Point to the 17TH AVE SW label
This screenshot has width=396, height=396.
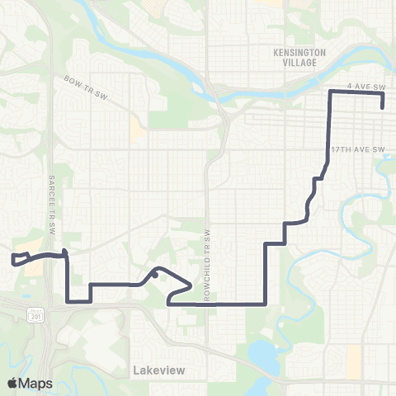tap(358, 149)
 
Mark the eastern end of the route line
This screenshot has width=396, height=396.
tap(383, 106)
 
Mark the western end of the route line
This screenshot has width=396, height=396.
tap(13, 262)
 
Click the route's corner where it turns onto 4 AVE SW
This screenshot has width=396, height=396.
tap(331, 93)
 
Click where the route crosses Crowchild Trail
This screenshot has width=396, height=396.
tap(209, 303)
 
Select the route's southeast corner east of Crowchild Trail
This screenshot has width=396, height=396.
tap(265, 303)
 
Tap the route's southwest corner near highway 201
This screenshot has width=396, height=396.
tap(67, 303)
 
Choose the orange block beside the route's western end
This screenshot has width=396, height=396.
tap(33, 269)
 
